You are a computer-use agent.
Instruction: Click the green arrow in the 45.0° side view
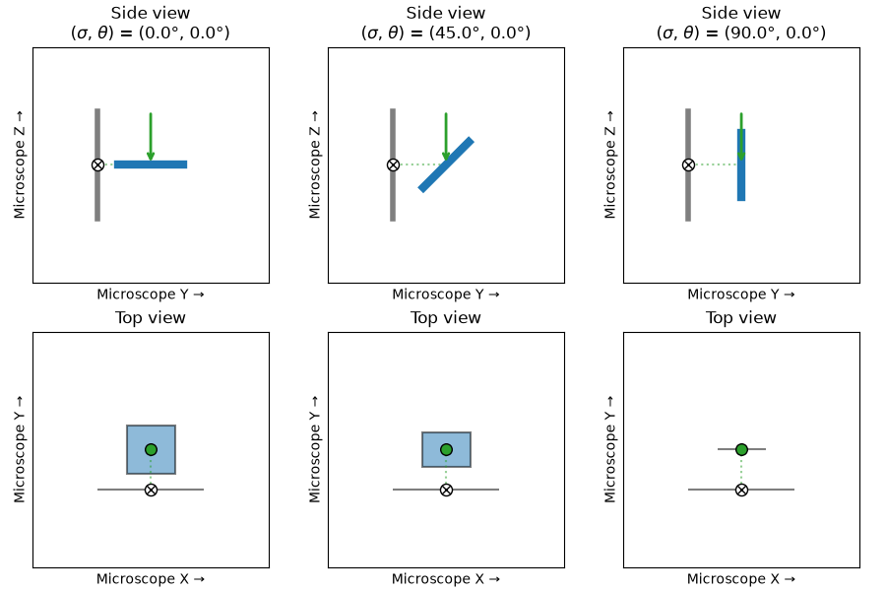coord(446,137)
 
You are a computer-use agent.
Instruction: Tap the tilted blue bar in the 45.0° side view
coord(446,164)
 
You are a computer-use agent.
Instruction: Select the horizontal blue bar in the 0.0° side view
coord(151,164)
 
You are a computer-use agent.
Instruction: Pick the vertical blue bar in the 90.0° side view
coord(741,164)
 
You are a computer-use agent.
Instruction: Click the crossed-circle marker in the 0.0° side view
coord(97,164)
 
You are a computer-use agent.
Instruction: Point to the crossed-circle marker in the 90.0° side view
coord(688,164)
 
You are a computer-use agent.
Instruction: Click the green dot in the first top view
coord(151,449)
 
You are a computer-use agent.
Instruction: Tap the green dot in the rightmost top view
coord(742,449)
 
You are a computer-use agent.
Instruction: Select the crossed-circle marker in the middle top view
coord(446,490)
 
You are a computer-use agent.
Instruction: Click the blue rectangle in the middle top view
coord(446,449)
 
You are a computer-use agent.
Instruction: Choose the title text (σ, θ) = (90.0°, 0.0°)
coord(741,33)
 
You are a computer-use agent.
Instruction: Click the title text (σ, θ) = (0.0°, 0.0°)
coord(151,33)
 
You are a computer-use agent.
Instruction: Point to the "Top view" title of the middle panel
coord(446,318)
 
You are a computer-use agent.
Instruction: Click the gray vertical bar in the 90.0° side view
coord(688,164)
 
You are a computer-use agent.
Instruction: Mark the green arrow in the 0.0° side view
coord(151,137)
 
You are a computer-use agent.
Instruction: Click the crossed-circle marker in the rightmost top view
coord(742,490)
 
